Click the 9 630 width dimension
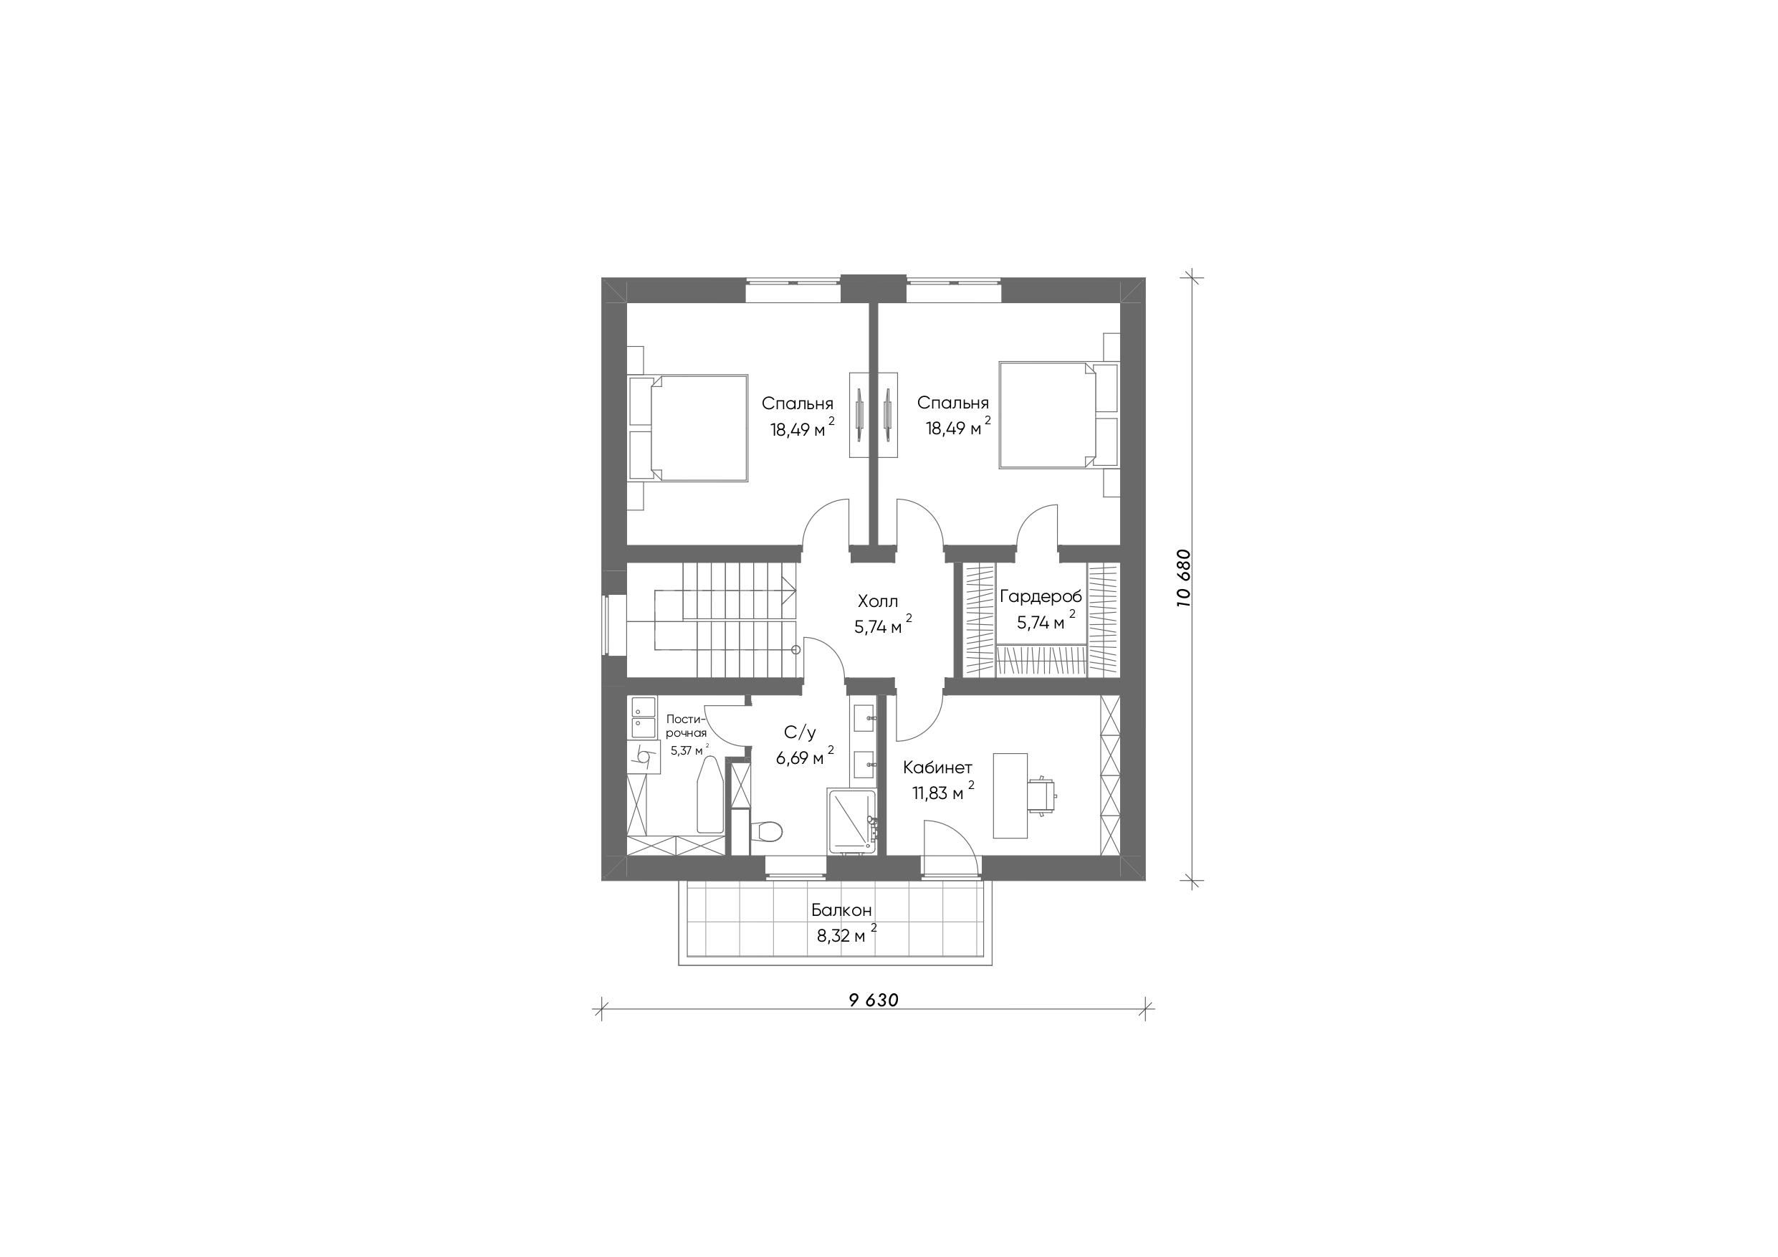[x=874, y=1000]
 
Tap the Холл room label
[x=878, y=601]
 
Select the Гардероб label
[x=1041, y=597]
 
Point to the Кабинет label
[x=938, y=768]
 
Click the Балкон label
[x=842, y=910]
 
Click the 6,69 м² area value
[x=806, y=757]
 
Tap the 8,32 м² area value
[x=847, y=934]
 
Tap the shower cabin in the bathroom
[x=852, y=822]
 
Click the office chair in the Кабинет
[x=1042, y=794]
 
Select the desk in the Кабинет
[x=1010, y=795]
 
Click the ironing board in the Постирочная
[x=710, y=795]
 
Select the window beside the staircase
[x=615, y=625]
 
